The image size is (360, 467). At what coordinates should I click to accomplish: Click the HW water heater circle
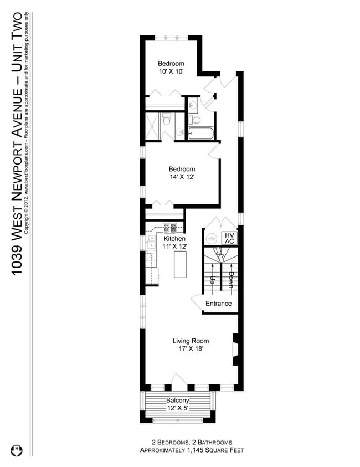click(211, 239)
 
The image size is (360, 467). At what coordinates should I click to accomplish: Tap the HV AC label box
click(229, 238)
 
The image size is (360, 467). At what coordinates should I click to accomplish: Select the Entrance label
click(218, 304)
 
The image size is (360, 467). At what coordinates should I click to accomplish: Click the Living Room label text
click(191, 341)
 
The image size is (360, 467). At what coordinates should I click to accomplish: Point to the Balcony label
click(178, 401)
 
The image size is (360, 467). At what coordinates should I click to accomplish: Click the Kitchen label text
click(174, 239)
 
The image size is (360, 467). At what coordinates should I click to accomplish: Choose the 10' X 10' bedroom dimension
click(171, 71)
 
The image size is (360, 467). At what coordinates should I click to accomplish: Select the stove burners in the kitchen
click(169, 227)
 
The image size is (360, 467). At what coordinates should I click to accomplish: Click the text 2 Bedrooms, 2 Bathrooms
click(191, 442)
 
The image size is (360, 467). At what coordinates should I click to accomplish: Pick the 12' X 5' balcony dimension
click(178, 408)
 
